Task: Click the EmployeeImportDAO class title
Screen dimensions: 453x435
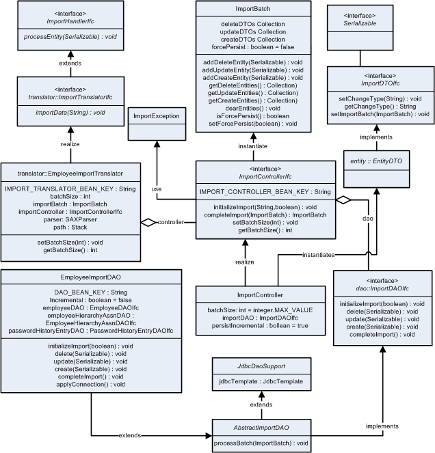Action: pos(96,278)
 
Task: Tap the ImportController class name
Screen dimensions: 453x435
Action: pos(245,295)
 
